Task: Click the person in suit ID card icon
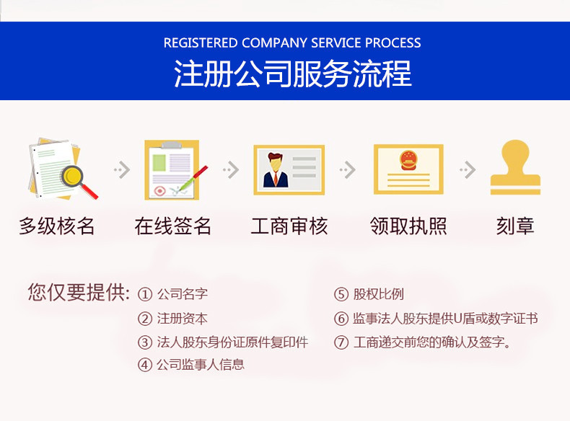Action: (x=289, y=169)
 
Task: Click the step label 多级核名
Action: (x=57, y=226)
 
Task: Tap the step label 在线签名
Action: (x=173, y=226)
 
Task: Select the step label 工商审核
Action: (x=289, y=226)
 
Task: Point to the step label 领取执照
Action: (x=408, y=226)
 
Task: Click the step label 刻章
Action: (x=515, y=226)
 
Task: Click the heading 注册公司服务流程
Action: (x=292, y=74)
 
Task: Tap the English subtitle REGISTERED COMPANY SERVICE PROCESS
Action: (x=292, y=43)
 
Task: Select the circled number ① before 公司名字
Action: (x=145, y=294)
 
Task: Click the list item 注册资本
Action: (x=182, y=318)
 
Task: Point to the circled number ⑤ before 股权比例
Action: (x=341, y=294)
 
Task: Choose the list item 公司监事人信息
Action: (x=200, y=364)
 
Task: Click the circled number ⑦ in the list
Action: (x=341, y=342)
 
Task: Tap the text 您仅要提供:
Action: (x=79, y=293)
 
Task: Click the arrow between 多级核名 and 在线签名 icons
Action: (x=121, y=170)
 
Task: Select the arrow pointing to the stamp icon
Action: (x=468, y=170)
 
